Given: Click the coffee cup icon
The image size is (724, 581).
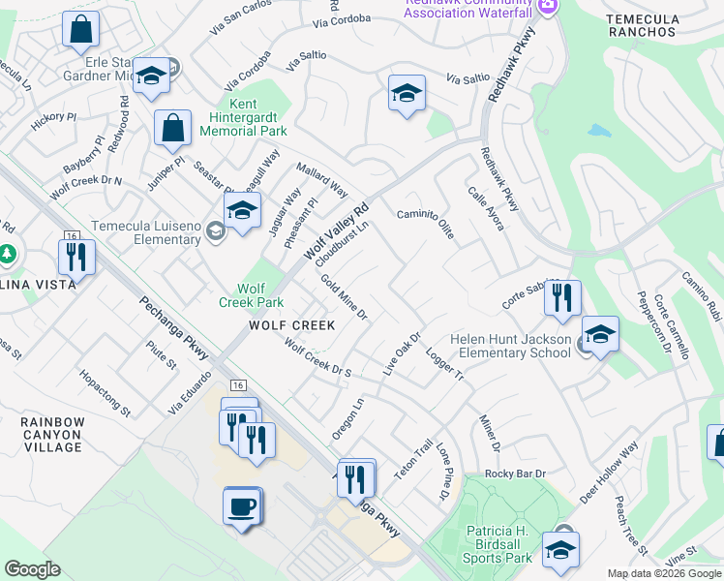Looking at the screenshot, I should coord(242,505).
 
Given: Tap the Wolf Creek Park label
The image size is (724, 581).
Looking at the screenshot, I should coord(252,295).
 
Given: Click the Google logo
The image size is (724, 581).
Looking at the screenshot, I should coord(33,569).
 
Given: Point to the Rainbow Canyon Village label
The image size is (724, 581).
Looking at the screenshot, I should coord(53,435).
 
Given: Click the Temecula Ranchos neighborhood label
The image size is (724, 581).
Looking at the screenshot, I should coord(641,25).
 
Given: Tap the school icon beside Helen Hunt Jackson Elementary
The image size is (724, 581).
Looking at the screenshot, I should coord(600,335).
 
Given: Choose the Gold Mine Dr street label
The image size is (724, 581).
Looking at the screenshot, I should coord(345,297).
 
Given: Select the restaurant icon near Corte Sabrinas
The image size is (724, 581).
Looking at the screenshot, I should coord(561,296).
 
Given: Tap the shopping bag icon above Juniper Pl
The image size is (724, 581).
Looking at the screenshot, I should coord(172,127).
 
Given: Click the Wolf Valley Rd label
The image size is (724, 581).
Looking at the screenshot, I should coord(338,232).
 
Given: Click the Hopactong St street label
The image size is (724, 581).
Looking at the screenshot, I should coord(105,392).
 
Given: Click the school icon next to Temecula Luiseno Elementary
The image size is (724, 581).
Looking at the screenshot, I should coord(243,210).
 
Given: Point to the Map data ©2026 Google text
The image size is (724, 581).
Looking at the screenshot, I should coord(663,573).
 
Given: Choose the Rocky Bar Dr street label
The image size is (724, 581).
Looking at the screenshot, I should coord(516,474).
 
